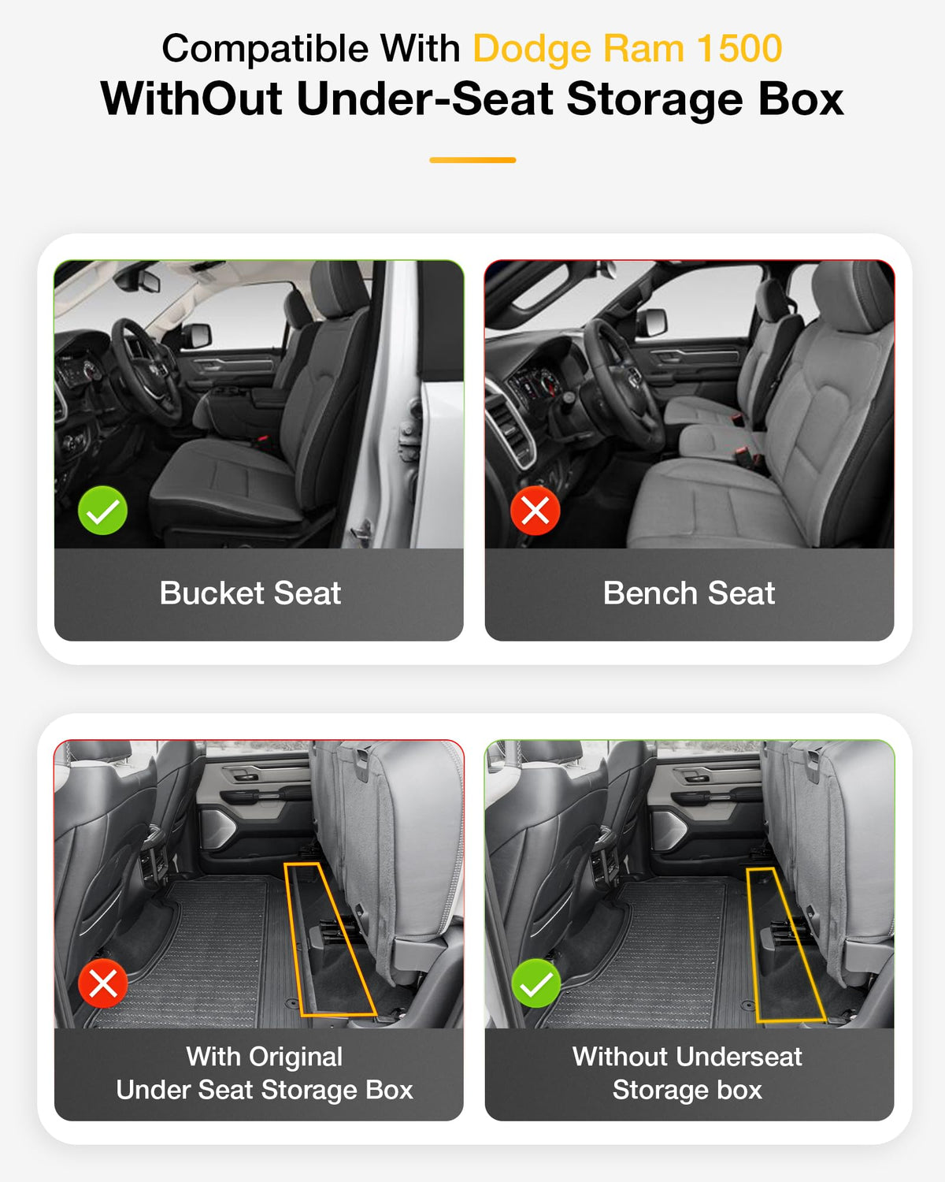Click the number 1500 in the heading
pyautogui.click(x=739, y=49)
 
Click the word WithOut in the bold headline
pyautogui.click(x=191, y=98)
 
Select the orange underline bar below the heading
pyautogui.click(x=472, y=160)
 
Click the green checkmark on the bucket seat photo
pyautogui.click(x=102, y=511)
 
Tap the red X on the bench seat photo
pyautogui.click(x=535, y=511)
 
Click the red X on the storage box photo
pyautogui.click(x=102, y=983)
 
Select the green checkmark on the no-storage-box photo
pyautogui.click(x=536, y=983)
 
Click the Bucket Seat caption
pyautogui.click(x=250, y=593)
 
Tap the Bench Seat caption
pyautogui.click(x=688, y=593)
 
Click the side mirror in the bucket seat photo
pyautogui.click(x=196, y=336)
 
